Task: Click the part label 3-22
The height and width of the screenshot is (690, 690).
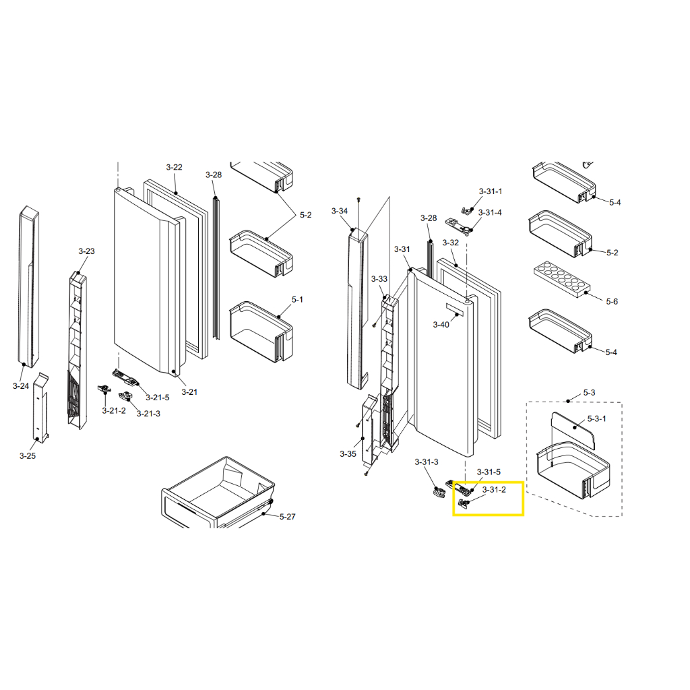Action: click(x=174, y=167)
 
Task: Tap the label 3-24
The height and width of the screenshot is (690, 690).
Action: click(x=21, y=386)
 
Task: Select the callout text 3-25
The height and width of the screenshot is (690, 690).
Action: click(x=27, y=456)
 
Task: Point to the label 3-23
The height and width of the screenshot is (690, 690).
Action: click(x=86, y=251)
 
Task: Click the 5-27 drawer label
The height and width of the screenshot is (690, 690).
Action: click(x=287, y=517)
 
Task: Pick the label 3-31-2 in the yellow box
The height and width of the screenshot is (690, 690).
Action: click(x=494, y=490)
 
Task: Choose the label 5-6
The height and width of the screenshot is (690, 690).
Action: click(x=612, y=301)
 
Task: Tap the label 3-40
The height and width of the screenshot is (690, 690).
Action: click(x=441, y=325)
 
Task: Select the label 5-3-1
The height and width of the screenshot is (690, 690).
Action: click(x=597, y=418)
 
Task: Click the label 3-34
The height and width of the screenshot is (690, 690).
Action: click(x=340, y=211)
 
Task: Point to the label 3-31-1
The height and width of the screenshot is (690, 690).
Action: click(x=491, y=191)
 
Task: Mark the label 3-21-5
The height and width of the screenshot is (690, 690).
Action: click(x=158, y=398)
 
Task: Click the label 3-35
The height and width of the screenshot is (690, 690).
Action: click(x=348, y=453)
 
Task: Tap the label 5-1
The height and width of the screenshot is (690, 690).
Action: click(x=297, y=300)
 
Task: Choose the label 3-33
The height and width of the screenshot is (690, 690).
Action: click(x=379, y=279)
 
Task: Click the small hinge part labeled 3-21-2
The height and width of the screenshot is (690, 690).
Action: click(x=104, y=389)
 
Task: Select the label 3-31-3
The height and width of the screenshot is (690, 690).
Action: click(x=427, y=462)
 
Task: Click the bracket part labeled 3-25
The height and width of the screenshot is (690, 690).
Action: click(x=41, y=408)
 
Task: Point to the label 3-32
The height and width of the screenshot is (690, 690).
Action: click(x=450, y=243)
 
